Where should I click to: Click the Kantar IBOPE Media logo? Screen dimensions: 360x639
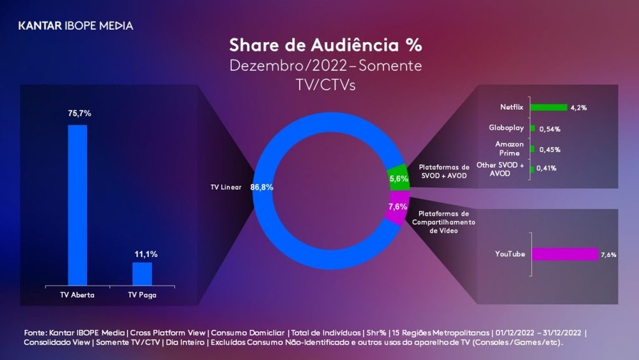(x=75, y=26)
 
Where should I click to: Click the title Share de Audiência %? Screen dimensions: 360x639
(x=325, y=46)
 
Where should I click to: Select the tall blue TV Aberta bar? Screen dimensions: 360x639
(x=77, y=205)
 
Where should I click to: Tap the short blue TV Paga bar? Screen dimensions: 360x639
(x=142, y=274)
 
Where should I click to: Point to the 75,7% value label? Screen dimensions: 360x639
(x=80, y=113)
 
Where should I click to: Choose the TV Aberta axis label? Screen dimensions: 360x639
(x=77, y=295)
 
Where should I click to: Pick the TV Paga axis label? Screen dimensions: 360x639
(x=142, y=295)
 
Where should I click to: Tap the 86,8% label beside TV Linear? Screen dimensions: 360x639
(x=263, y=188)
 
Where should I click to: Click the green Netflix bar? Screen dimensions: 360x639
(x=549, y=107)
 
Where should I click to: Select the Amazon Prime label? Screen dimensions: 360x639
(x=509, y=148)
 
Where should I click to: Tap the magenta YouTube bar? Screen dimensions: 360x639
(x=565, y=254)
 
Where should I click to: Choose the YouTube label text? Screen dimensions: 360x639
(x=510, y=254)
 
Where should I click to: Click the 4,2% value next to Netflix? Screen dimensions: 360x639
(x=579, y=107)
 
